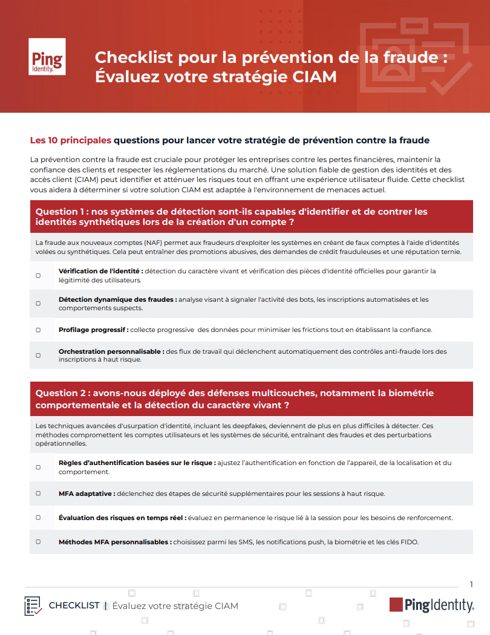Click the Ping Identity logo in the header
click(47, 57)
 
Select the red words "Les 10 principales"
click(71, 140)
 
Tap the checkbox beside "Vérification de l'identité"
click(38, 275)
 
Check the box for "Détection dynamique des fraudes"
click(38, 304)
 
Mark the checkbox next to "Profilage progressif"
click(38, 330)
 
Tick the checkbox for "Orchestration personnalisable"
click(38, 356)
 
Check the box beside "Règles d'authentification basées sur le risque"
click(38, 467)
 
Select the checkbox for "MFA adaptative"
click(38, 493)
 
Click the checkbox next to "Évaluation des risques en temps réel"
click(38, 518)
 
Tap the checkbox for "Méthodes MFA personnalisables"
click(38, 542)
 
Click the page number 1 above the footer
click(471, 584)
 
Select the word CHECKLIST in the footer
click(74, 605)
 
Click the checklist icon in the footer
click(33, 605)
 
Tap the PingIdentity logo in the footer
click(431, 605)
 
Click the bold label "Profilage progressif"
click(93, 330)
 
